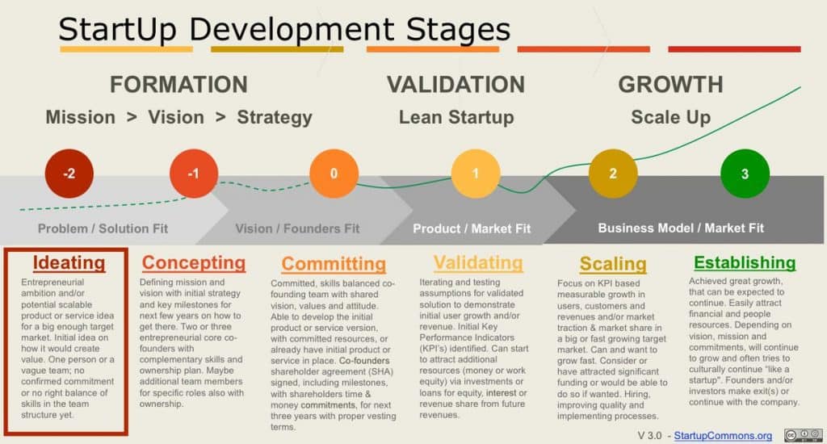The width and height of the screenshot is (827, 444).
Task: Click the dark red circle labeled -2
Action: (69, 173)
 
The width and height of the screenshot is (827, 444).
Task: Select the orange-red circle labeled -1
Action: (194, 173)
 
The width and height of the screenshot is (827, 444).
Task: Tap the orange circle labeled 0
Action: (334, 173)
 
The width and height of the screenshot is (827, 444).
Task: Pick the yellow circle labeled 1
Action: (475, 173)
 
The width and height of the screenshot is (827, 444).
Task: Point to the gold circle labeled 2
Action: (613, 173)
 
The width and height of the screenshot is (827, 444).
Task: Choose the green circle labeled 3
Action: (745, 173)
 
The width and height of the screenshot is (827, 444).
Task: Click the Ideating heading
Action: (69, 262)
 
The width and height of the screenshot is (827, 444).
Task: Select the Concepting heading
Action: (194, 262)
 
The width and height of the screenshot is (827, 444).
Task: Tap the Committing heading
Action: (334, 264)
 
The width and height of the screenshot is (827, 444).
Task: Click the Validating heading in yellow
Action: (477, 262)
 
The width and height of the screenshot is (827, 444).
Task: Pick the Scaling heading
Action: (613, 264)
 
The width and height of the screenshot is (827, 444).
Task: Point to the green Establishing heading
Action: (745, 262)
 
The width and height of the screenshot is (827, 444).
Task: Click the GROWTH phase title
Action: (670, 85)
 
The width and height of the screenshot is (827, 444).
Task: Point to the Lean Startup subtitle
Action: (456, 117)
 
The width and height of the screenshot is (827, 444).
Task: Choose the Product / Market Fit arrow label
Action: (472, 228)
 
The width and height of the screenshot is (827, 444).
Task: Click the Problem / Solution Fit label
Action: (103, 228)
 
